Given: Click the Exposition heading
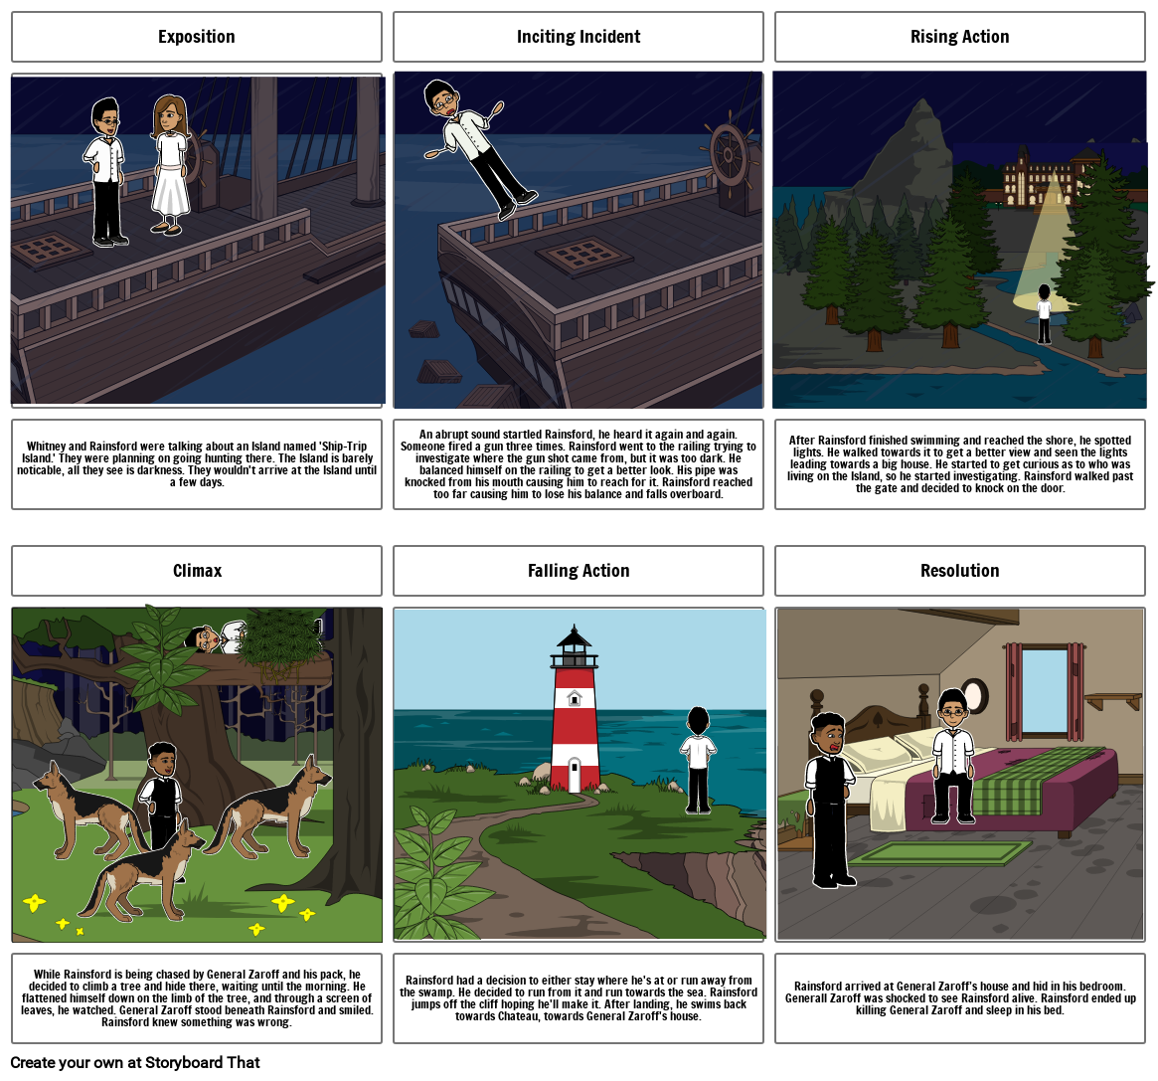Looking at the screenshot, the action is pos(197,37).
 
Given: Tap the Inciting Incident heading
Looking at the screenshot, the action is pos(579,37).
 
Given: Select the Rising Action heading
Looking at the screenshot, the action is pos(959,37).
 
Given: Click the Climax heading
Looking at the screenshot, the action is pos(197,571).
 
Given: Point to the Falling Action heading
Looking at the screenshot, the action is pos(579,571).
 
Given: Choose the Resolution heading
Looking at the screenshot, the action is pos(959,571).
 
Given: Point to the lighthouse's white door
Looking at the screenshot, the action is pos(574,775).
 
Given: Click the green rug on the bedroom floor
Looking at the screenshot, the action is pos(940,852).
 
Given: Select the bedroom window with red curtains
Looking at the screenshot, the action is pos(1045,691).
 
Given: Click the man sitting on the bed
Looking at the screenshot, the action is pos(953,755).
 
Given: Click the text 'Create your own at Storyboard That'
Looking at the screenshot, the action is pos(135,1062).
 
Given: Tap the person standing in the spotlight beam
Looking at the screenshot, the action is pos(1044,314).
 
